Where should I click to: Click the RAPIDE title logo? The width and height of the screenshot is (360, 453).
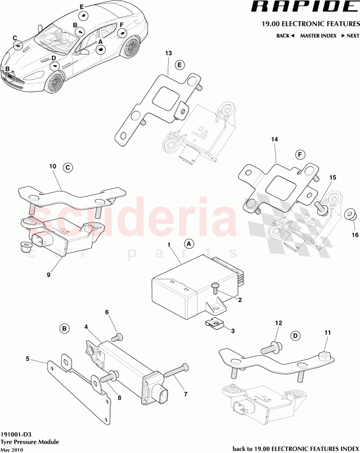point(303,7)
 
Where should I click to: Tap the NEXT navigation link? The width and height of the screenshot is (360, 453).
point(350,36)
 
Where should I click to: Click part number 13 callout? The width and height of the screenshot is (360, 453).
point(169,53)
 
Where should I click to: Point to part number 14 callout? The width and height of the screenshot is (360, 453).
point(275,140)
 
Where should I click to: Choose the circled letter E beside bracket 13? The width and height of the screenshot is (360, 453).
point(180,65)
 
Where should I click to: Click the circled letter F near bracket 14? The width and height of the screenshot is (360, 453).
point(300,155)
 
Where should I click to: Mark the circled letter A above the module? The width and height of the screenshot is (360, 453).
point(189,243)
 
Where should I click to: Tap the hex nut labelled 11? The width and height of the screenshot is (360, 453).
point(324,356)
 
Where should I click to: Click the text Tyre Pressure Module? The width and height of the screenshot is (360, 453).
point(30,442)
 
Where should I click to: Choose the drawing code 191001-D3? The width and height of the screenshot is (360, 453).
point(18,434)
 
